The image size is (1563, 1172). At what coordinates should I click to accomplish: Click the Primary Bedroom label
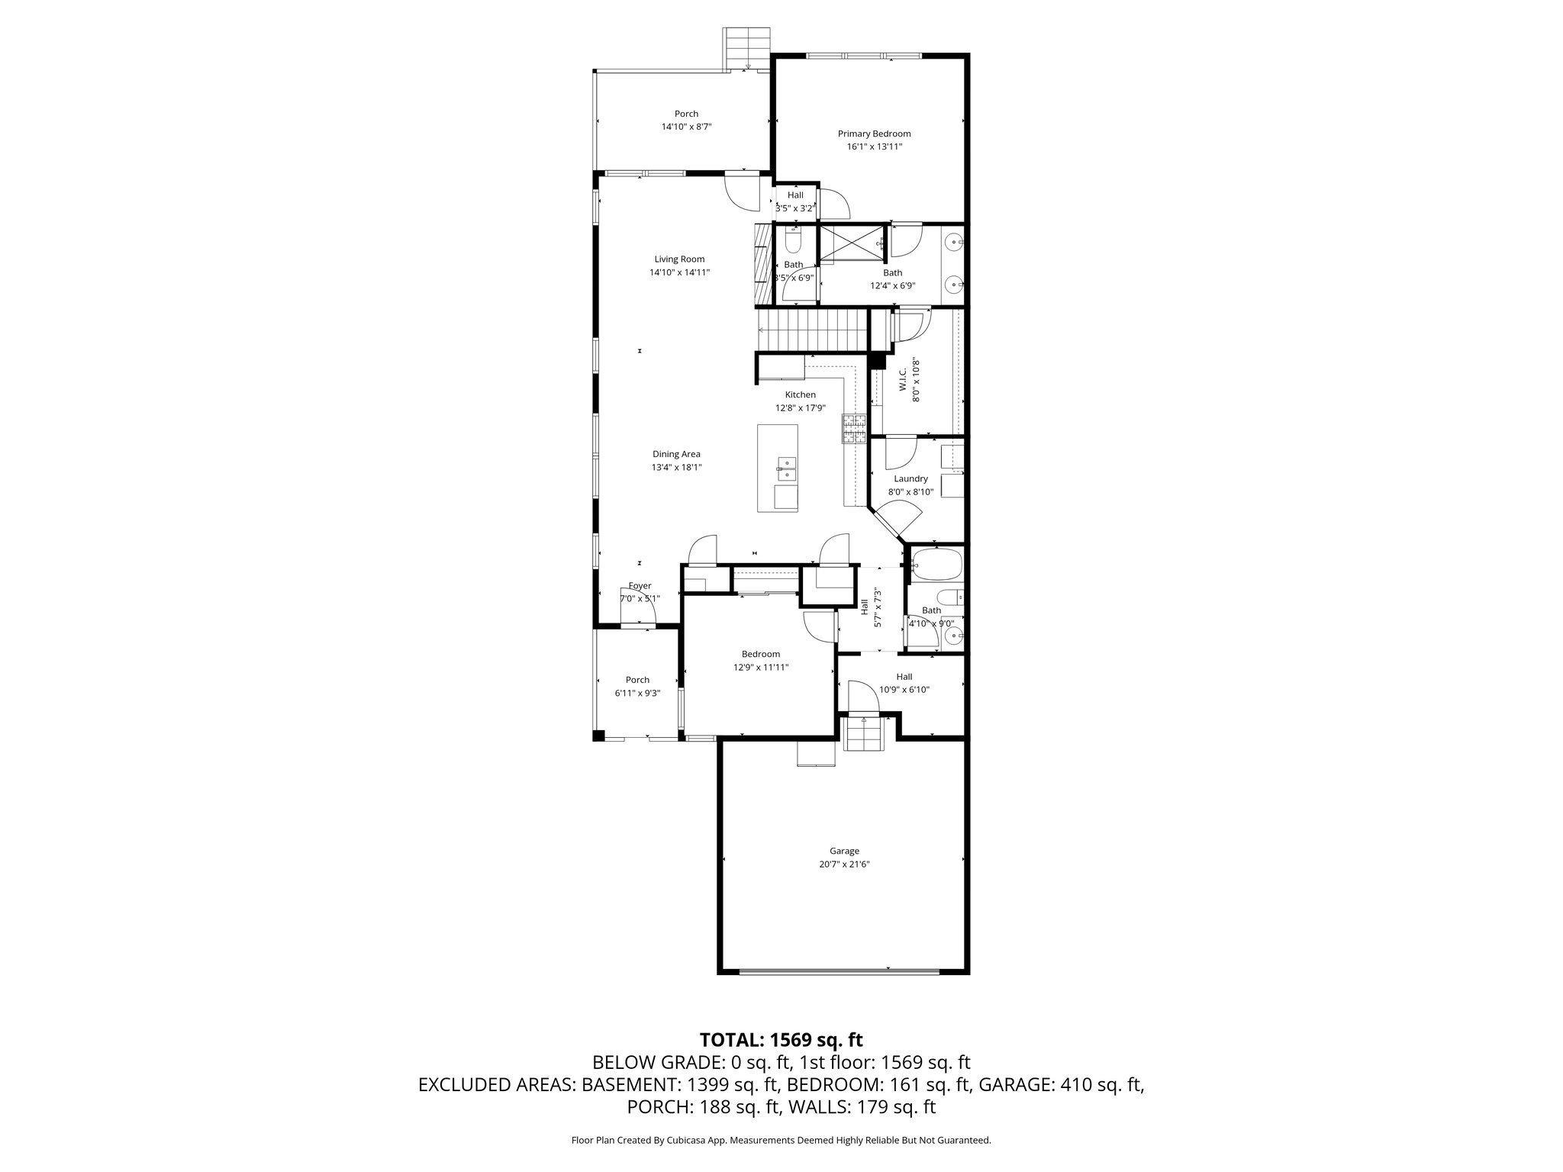click(874, 134)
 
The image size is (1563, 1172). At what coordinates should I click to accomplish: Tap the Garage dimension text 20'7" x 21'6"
click(844, 865)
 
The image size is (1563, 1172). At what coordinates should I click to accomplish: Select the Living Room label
click(679, 259)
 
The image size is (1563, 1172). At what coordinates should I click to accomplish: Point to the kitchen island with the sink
click(778, 468)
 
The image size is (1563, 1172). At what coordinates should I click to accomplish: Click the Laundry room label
click(910, 478)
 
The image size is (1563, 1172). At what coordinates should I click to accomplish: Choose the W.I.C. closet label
click(904, 380)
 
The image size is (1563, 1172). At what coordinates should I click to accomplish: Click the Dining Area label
click(676, 454)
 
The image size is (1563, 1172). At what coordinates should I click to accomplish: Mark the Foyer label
click(640, 586)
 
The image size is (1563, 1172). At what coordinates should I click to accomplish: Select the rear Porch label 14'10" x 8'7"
click(686, 114)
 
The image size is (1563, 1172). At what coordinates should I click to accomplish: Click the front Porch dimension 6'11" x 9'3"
click(637, 693)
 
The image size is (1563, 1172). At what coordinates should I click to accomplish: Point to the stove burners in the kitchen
click(854, 428)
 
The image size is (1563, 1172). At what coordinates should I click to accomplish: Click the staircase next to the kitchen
click(814, 330)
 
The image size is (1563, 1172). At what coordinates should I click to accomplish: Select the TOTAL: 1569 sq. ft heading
click(781, 1039)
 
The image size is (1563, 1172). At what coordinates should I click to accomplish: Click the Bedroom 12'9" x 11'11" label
click(761, 654)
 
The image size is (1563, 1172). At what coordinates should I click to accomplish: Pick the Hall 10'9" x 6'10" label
click(904, 676)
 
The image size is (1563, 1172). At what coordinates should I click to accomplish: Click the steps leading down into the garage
click(865, 734)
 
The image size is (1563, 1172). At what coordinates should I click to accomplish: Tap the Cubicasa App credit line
click(781, 1140)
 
